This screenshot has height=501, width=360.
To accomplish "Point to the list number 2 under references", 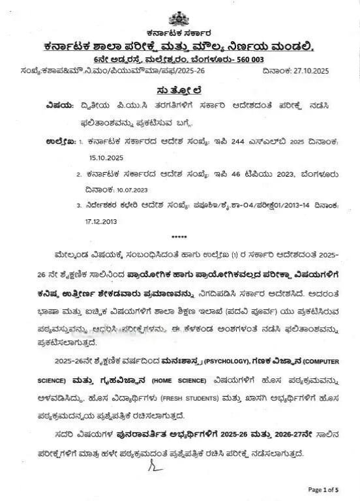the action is (79, 174).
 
